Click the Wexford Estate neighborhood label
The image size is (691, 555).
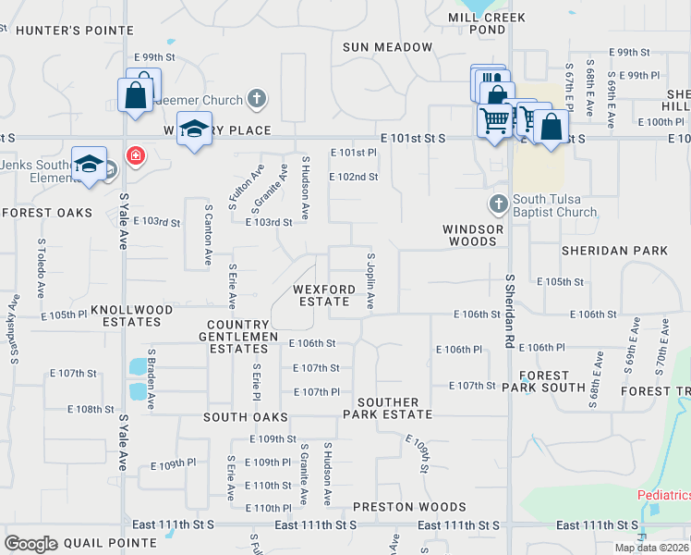coord(324,295)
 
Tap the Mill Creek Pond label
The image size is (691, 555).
coord(487,23)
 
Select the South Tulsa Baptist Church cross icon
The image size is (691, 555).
coord(498,203)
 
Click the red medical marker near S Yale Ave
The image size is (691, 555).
coord(136,155)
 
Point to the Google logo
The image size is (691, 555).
coord(31,544)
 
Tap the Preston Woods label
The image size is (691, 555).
coord(409,507)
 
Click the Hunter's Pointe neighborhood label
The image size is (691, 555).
coord(62,31)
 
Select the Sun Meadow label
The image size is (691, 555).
coord(387,47)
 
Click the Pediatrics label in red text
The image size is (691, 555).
coord(664,496)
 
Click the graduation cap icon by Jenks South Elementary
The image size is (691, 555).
coord(89,166)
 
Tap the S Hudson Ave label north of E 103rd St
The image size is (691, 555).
coord(306,191)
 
